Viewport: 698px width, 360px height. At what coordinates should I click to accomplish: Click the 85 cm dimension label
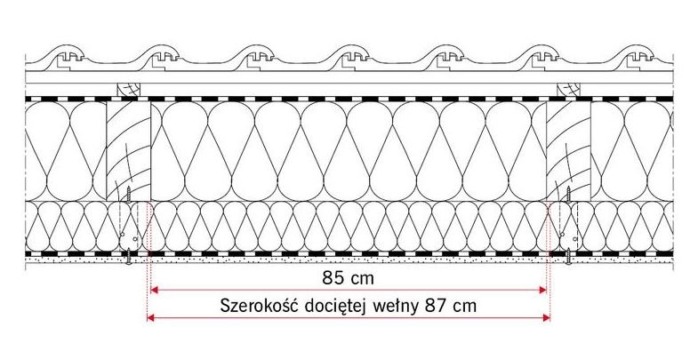[348, 278]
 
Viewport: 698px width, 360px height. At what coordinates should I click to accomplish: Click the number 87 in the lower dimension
[437, 306]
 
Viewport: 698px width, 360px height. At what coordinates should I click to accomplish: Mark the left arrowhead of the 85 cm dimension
[155, 290]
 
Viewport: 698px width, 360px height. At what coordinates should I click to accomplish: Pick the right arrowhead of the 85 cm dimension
[542, 290]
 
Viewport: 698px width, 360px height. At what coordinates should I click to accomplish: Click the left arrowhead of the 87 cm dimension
[151, 317]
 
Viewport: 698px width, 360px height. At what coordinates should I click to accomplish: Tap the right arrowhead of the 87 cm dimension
[546, 317]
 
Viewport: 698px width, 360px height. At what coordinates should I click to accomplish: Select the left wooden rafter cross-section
[129, 151]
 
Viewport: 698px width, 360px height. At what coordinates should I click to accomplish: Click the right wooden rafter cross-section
[568, 151]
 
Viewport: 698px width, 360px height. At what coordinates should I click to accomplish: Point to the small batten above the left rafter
[128, 89]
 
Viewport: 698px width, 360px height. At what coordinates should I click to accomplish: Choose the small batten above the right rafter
[568, 89]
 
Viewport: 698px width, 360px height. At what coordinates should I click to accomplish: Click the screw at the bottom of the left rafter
[129, 195]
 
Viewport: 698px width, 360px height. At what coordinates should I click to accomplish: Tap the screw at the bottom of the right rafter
[568, 195]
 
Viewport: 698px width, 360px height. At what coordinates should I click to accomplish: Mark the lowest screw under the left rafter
[128, 256]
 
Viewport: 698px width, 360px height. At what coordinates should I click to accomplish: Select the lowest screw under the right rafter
[568, 256]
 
